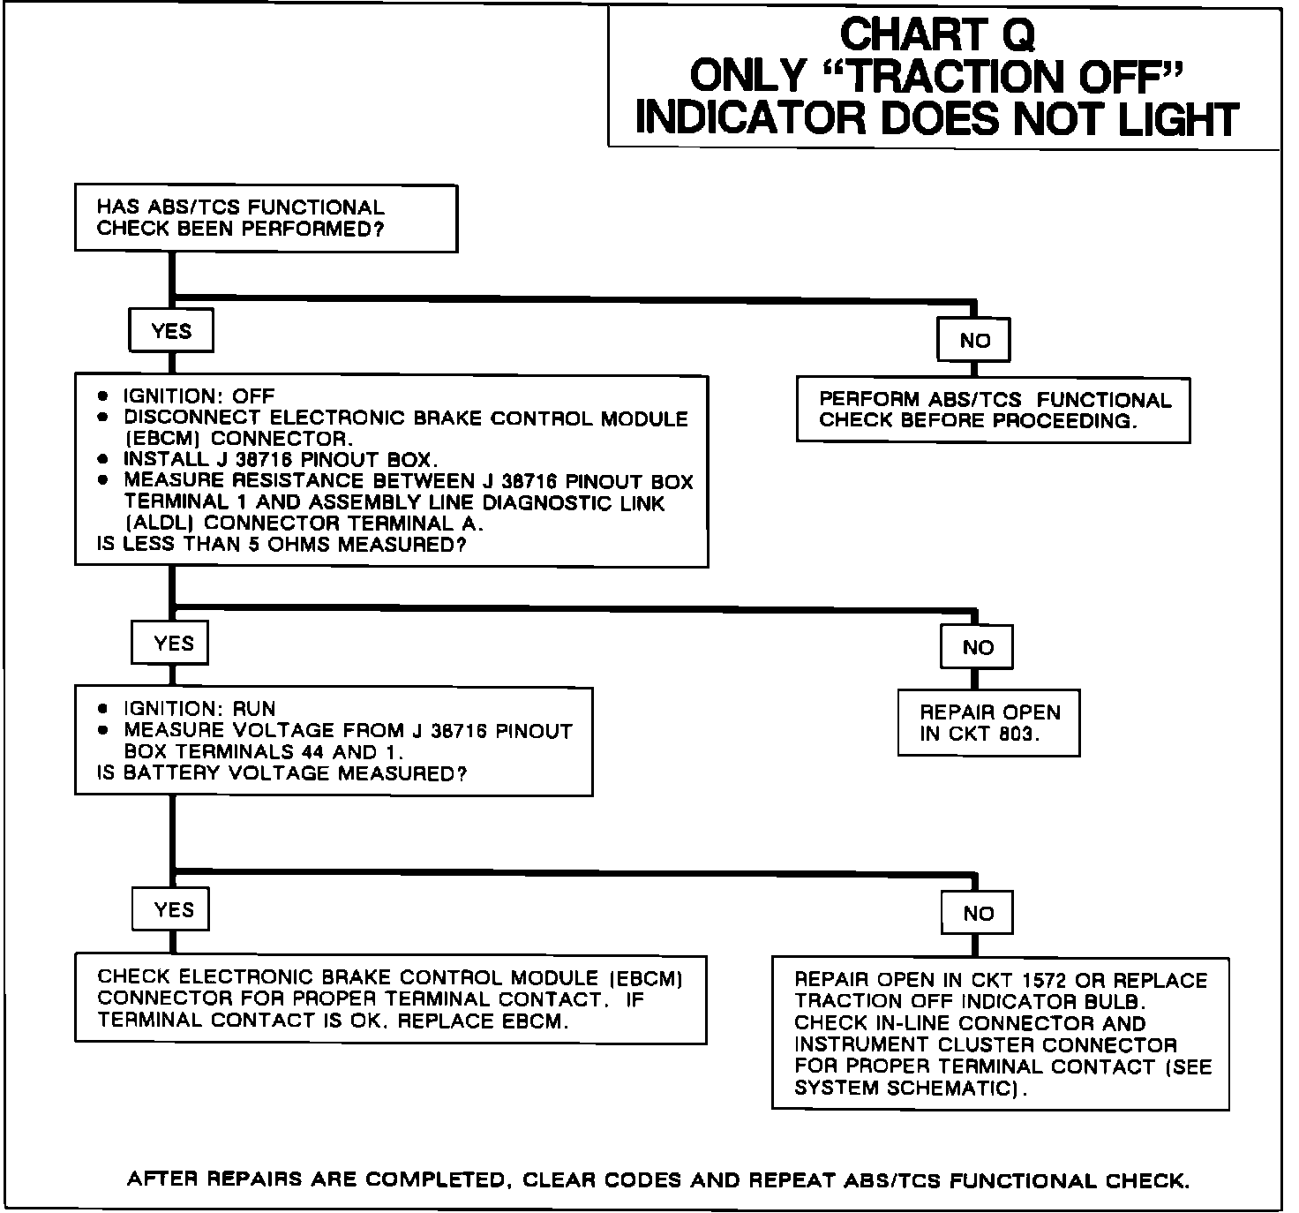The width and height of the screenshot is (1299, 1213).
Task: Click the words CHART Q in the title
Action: point(937,35)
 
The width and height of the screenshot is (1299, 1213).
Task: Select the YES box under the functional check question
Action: point(171,331)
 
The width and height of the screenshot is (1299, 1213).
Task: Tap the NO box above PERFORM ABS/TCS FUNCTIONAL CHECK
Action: point(974,341)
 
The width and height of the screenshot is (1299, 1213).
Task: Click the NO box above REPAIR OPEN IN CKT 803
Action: point(978,648)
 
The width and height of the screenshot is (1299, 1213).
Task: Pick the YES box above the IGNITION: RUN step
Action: point(173,644)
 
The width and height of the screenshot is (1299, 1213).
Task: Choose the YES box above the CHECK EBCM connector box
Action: point(173,910)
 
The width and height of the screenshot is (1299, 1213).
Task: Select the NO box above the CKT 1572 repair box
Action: point(978,914)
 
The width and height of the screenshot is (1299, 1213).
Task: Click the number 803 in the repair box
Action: point(1017,735)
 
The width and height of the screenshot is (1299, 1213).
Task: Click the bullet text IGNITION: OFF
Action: point(199,396)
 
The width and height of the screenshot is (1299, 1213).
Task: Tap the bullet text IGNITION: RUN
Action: point(199,709)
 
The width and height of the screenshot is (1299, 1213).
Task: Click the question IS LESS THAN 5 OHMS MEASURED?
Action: point(281,545)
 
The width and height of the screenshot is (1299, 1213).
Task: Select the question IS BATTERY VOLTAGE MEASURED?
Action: point(282,774)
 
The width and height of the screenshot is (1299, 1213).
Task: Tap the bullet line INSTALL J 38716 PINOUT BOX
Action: point(281,460)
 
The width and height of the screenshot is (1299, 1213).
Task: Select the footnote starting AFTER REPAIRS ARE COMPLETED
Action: point(658,1180)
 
